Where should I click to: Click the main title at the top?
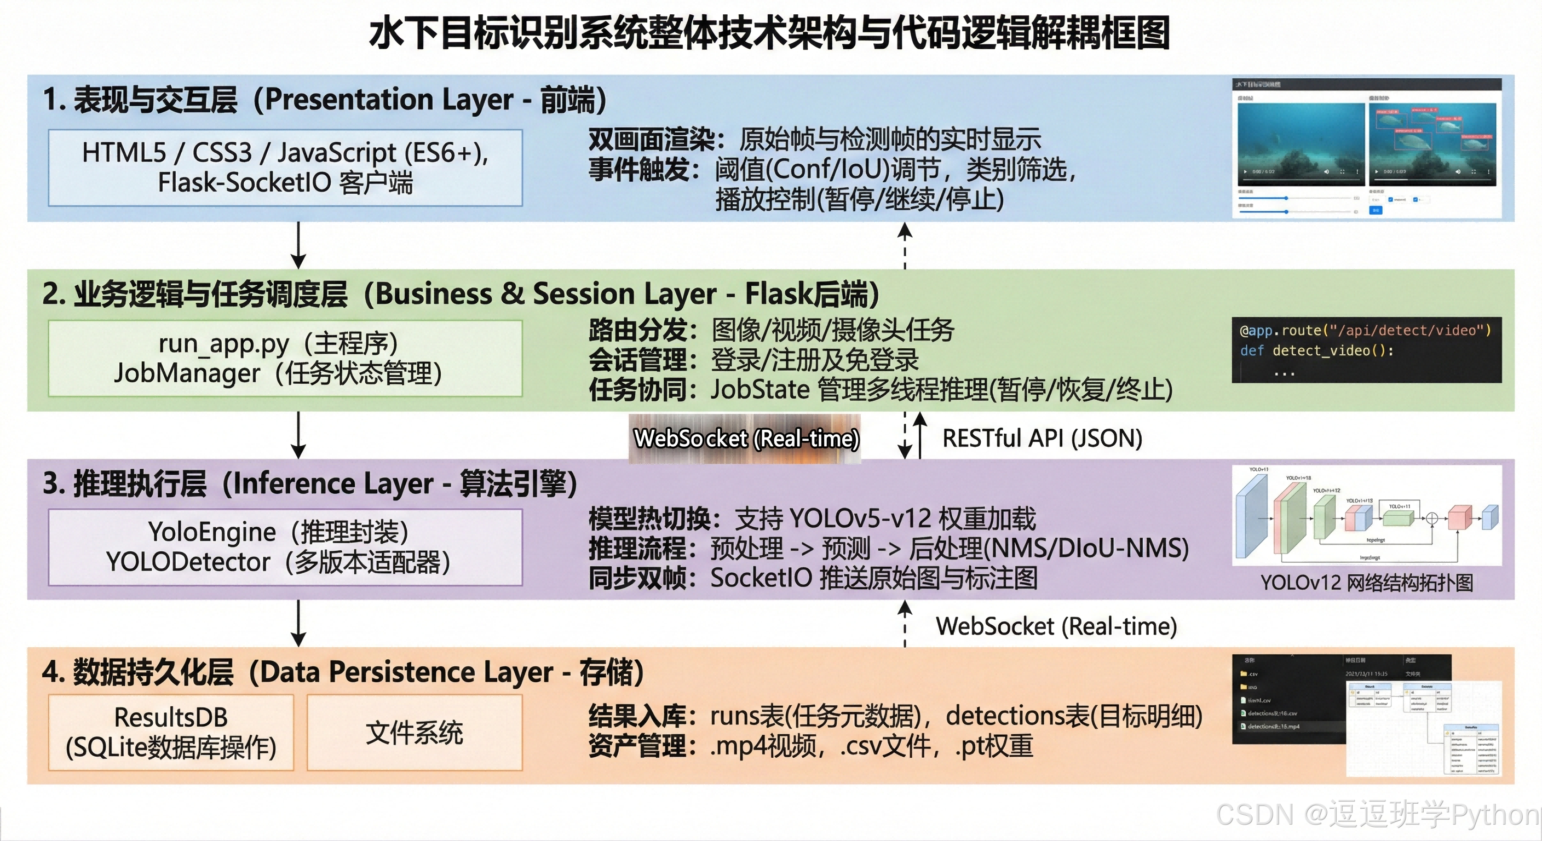770,33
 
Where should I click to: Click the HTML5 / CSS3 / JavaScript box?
285,168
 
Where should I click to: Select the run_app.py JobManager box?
285,358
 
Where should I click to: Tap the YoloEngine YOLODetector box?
285,547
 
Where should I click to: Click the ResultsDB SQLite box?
171,732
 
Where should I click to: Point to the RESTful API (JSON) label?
1042,438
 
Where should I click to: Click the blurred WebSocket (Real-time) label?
746,439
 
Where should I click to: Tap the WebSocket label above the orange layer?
1056,626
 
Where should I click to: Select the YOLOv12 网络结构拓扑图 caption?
1367,583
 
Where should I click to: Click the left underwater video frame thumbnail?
1300,143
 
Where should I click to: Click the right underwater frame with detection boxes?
1432,143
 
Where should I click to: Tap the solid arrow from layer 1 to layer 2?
298,245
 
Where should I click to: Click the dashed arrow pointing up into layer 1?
905,245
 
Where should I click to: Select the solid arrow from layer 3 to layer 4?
298,623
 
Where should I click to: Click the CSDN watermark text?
1377,815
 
